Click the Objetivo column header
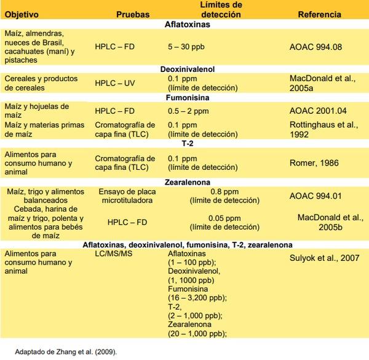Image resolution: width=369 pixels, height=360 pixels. (23, 15)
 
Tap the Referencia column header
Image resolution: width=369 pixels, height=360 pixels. (320, 15)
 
